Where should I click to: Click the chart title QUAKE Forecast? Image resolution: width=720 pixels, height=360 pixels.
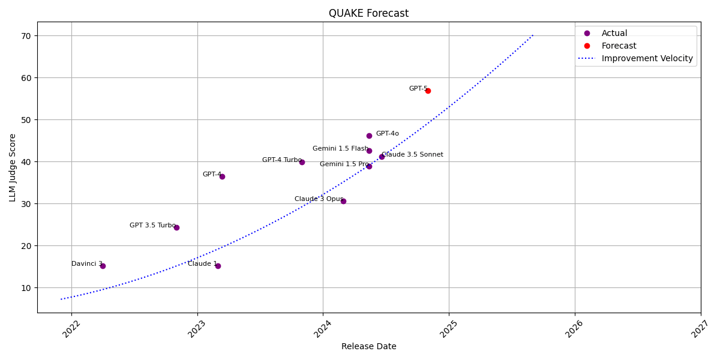[368, 13]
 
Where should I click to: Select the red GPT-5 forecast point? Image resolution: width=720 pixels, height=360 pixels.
[428, 91]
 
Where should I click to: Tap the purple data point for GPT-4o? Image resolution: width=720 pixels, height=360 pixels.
[369, 136]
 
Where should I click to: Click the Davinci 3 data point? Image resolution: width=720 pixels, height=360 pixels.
[103, 266]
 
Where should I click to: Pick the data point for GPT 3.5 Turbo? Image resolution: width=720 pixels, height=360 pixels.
[176, 227]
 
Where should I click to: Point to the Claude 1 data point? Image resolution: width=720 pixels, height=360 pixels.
[218, 266]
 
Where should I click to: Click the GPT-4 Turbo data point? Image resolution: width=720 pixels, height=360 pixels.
[302, 162]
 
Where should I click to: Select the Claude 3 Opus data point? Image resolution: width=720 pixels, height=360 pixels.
[343, 201]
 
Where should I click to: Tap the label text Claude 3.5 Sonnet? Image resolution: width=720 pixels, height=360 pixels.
[413, 155]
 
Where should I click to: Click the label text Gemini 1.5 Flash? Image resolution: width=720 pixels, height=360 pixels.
[340, 149]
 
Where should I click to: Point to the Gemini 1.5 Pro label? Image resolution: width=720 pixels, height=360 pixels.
[344, 164]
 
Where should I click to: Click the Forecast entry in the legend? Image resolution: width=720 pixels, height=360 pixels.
[619, 46]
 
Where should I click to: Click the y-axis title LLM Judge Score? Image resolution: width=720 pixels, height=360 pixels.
[13, 167]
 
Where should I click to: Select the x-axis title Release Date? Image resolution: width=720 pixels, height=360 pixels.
[368, 346]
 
